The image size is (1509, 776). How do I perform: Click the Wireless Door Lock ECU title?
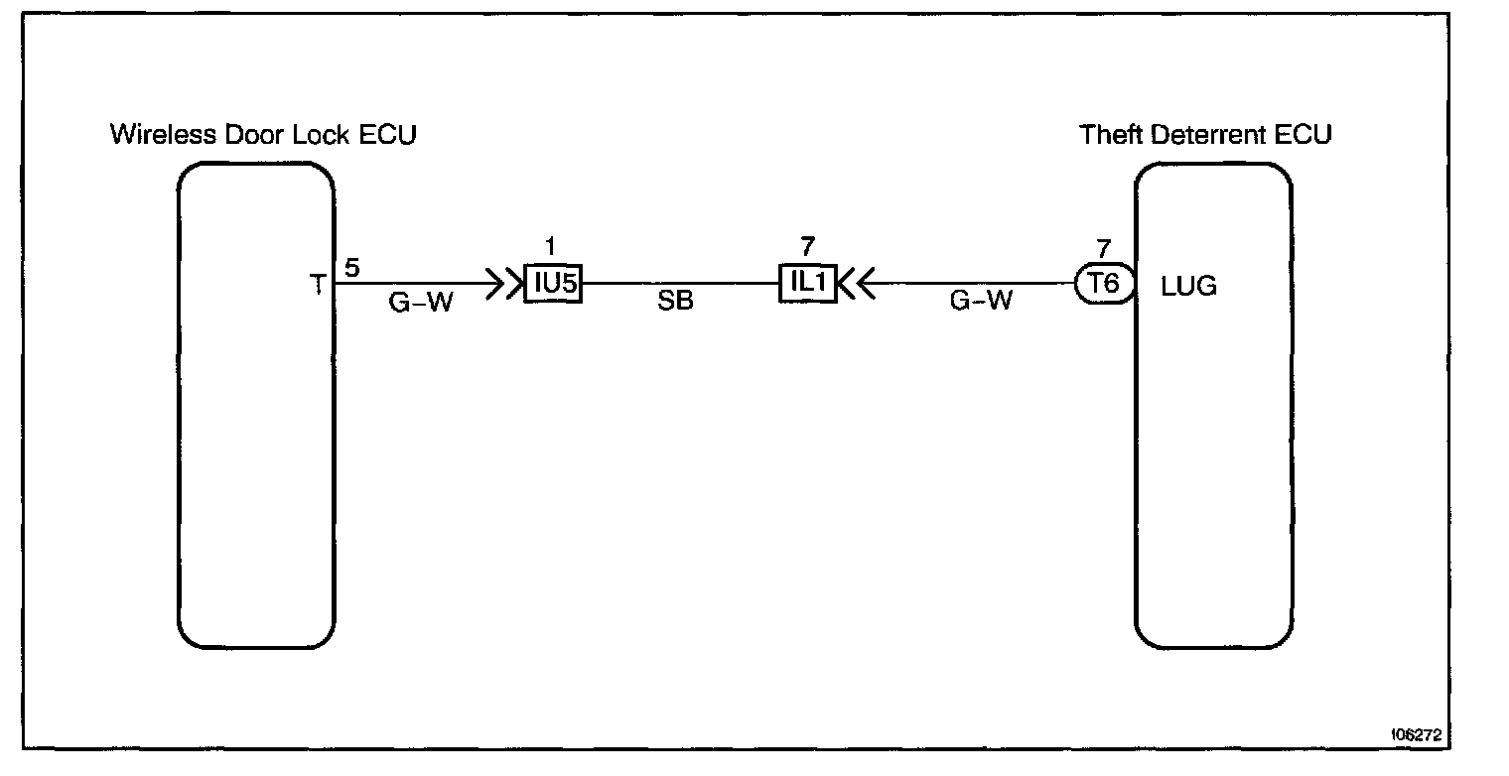point(262,134)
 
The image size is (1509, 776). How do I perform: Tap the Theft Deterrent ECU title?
point(1205,134)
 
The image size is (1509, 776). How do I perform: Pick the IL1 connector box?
point(808,284)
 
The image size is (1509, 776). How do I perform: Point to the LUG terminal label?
point(1188,288)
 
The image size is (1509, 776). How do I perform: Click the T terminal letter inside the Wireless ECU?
point(318,286)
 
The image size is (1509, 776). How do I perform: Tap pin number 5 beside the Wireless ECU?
point(351,268)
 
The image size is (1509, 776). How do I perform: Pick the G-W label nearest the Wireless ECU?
point(420,303)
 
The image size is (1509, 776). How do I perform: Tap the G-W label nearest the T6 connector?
point(981,302)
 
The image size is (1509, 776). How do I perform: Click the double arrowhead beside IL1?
point(856,286)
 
